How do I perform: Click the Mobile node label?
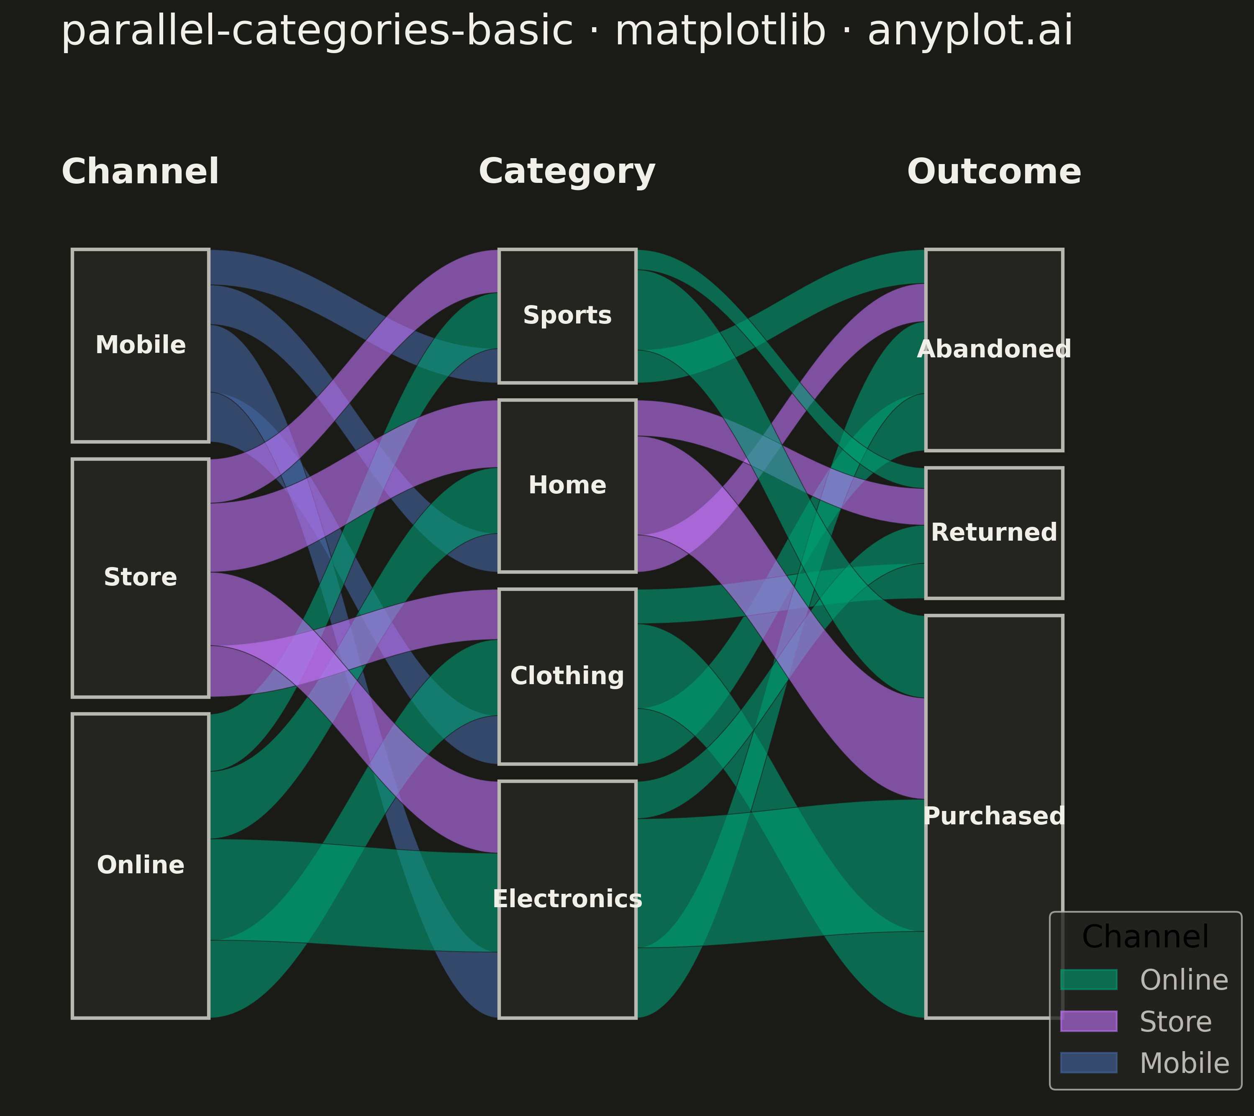[141, 345]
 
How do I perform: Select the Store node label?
[141, 577]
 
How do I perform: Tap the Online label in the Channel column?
[141, 865]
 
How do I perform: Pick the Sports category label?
[567, 316]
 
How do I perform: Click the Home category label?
[567, 486]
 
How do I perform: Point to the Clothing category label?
[567, 676]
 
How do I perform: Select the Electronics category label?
[567, 899]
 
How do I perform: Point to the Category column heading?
[567, 172]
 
